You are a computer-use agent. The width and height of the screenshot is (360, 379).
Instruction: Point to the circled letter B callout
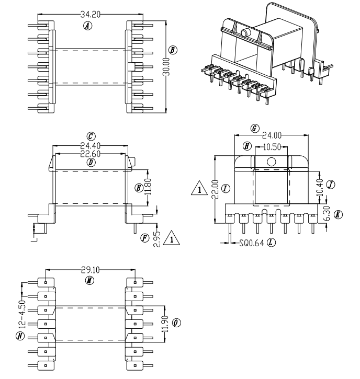(173, 50)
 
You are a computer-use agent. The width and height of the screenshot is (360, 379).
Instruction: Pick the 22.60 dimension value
(91, 154)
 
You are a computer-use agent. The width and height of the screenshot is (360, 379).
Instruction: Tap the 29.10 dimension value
(91, 270)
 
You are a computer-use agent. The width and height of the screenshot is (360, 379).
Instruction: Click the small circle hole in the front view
(271, 162)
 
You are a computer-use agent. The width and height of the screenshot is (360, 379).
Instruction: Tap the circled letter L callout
(271, 244)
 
